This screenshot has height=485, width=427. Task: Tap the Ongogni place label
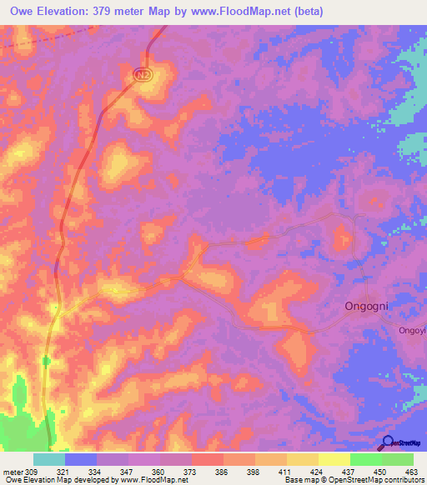coord(368,306)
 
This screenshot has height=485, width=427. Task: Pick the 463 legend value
coord(410,471)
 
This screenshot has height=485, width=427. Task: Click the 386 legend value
coord(220,471)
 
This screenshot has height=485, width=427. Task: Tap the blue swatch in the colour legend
coord(81,459)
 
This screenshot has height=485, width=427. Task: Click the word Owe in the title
coord(25,12)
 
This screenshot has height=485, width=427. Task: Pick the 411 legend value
coord(283,471)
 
